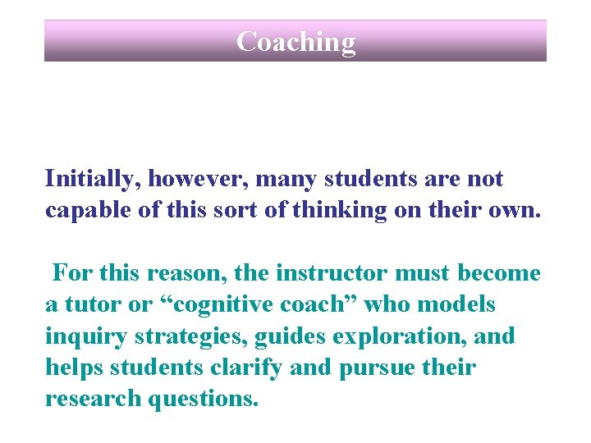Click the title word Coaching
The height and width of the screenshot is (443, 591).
coord(295,41)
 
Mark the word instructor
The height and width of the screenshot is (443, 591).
coord(341,273)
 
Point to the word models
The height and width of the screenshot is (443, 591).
coord(459,304)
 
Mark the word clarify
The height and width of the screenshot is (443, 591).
coord(241,368)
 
